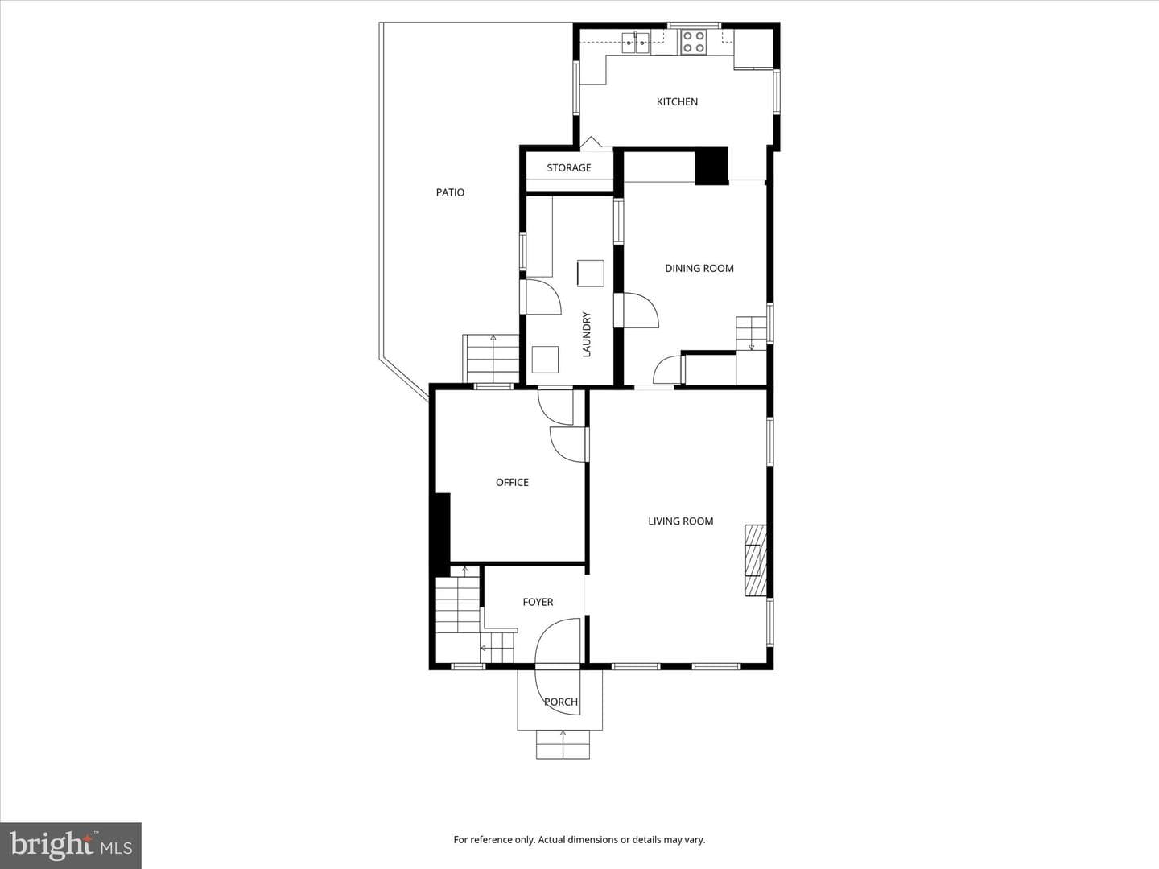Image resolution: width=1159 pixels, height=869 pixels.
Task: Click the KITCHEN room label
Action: (x=677, y=102)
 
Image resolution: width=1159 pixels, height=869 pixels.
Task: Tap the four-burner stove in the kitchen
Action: (x=693, y=42)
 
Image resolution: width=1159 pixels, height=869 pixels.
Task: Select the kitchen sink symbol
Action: (x=636, y=42)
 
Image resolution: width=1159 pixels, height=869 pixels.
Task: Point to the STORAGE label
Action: (x=569, y=168)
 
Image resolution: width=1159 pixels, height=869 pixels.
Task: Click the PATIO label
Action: (x=451, y=192)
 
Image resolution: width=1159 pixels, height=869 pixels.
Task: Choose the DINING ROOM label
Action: (x=699, y=269)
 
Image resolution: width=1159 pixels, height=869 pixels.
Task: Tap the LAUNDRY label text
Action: (x=586, y=335)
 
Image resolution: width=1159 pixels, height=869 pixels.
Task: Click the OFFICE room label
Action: (x=512, y=482)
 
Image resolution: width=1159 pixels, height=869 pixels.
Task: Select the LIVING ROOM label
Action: (x=681, y=521)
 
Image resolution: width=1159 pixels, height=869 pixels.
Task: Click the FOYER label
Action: (x=538, y=602)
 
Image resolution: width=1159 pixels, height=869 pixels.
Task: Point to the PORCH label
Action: (x=561, y=702)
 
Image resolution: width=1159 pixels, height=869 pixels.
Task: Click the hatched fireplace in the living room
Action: (x=756, y=560)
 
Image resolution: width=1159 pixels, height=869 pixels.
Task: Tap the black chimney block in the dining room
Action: (x=711, y=167)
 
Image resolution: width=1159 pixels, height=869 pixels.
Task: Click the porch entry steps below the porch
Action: (x=563, y=744)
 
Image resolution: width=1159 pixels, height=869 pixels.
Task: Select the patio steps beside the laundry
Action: (x=491, y=359)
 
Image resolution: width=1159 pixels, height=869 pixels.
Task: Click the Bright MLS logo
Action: (x=71, y=846)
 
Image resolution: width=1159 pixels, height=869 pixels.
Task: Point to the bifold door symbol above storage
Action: (x=592, y=142)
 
